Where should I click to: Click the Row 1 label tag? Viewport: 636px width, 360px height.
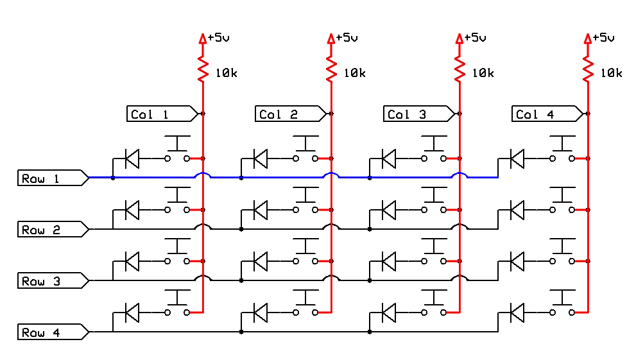coord(53,178)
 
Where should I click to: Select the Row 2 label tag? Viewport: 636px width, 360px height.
coord(53,230)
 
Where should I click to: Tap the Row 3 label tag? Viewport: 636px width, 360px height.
coord(53,280)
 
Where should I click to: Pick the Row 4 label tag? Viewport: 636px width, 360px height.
coord(53,332)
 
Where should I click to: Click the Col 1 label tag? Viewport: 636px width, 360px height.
coord(162,114)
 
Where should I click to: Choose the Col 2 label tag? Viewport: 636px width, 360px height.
coord(291,114)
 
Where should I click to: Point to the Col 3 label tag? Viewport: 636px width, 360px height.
coord(420,114)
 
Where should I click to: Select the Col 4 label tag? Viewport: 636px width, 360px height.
coord(547,114)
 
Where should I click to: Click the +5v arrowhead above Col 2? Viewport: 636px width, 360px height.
coord(331,39)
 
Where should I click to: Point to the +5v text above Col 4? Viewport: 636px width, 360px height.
coord(603,38)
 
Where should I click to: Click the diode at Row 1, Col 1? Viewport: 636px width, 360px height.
coord(132,159)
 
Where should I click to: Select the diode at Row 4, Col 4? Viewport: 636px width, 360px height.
coord(517,313)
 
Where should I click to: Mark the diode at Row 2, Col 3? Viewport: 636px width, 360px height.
coord(389,210)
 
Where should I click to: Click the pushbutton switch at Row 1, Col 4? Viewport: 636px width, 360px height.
coord(562,150)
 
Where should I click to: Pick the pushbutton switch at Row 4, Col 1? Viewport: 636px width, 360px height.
coord(177,304)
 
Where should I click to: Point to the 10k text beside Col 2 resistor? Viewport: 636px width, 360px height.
coord(354,73)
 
